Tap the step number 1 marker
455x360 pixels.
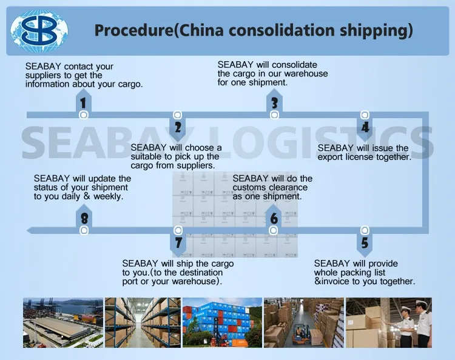[83, 103]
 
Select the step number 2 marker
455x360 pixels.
[178, 127]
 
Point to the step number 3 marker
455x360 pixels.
[274, 103]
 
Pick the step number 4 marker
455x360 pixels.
[365, 127]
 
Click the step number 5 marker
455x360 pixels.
[365, 242]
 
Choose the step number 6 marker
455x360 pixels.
[274, 219]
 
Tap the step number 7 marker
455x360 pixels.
[178, 242]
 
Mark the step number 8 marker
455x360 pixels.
[84, 219]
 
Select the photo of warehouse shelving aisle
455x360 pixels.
[143, 322]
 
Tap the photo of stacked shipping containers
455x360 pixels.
[221, 322]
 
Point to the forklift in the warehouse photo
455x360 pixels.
[299, 337]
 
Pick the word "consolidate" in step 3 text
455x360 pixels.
[294, 65]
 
